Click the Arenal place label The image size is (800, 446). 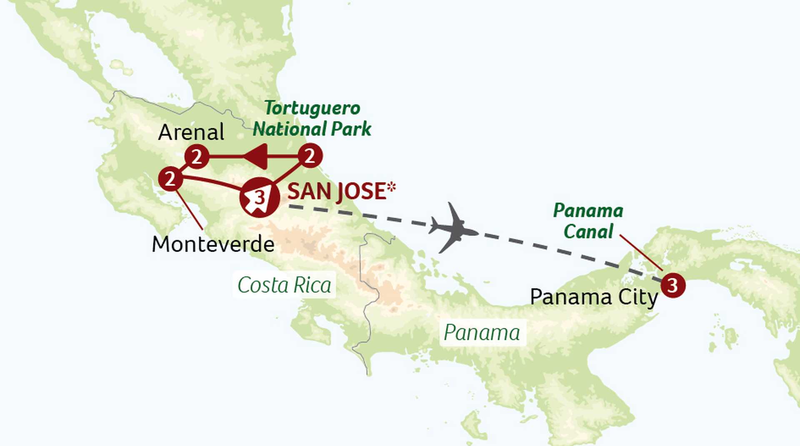point(191,133)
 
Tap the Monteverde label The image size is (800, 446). point(213,244)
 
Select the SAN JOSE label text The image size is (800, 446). point(336,192)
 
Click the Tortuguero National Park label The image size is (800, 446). point(312,118)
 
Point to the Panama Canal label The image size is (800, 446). point(588,221)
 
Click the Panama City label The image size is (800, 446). point(593,297)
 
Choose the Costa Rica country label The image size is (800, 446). point(284,285)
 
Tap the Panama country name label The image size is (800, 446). point(482,333)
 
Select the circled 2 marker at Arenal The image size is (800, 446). point(197,157)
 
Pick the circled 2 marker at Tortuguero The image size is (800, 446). point(310,156)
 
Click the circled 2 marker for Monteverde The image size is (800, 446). point(170,179)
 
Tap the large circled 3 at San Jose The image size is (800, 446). point(259,197)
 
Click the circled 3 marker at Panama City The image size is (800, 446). point(673,285)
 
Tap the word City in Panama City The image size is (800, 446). point(637,297)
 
